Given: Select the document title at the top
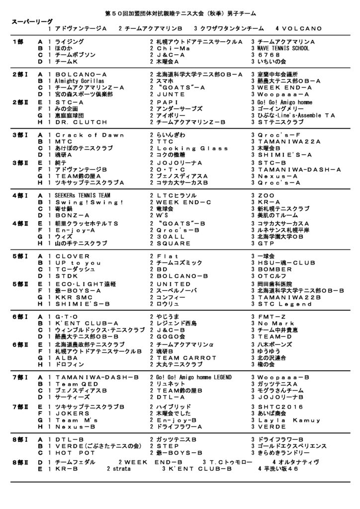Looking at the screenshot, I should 180,11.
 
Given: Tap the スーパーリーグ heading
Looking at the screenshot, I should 31,22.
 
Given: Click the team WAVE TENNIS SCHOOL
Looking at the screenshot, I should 283,49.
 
